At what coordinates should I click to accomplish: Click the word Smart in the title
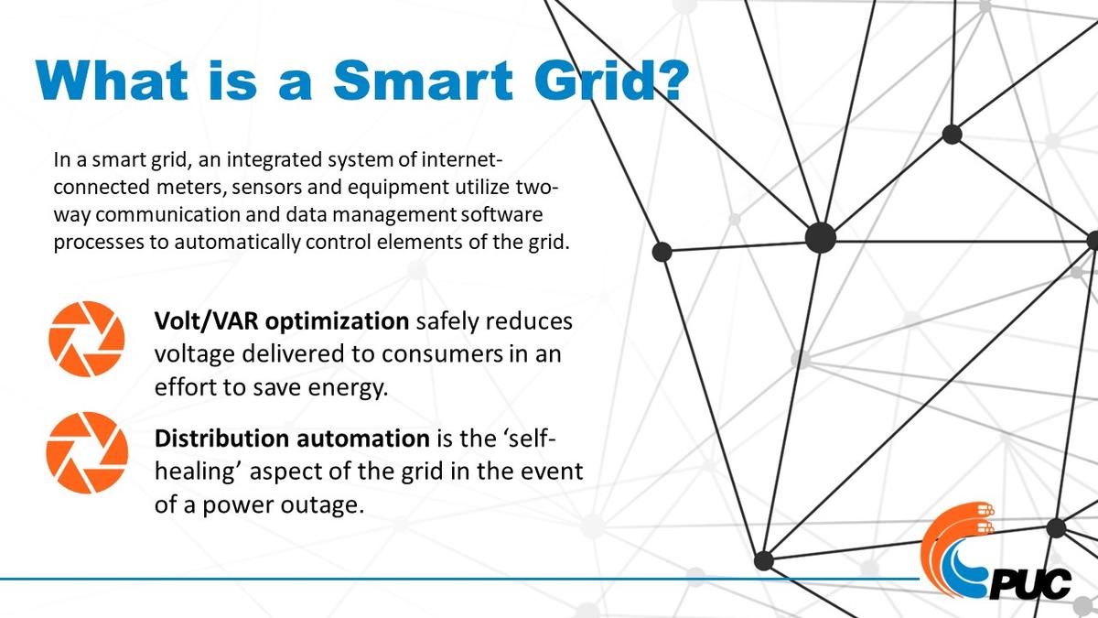coord(423,80)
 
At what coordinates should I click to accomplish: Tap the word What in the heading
coord(112,80)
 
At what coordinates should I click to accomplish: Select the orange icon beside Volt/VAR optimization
coord(87,339)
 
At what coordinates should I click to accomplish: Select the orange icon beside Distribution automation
coord(87,452)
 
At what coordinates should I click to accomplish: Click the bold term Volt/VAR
coord(207,321)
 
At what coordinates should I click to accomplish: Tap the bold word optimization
coord(338,322)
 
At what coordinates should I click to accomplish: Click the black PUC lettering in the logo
coord(1030,584)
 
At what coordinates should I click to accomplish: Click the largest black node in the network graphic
coord(821,238)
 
